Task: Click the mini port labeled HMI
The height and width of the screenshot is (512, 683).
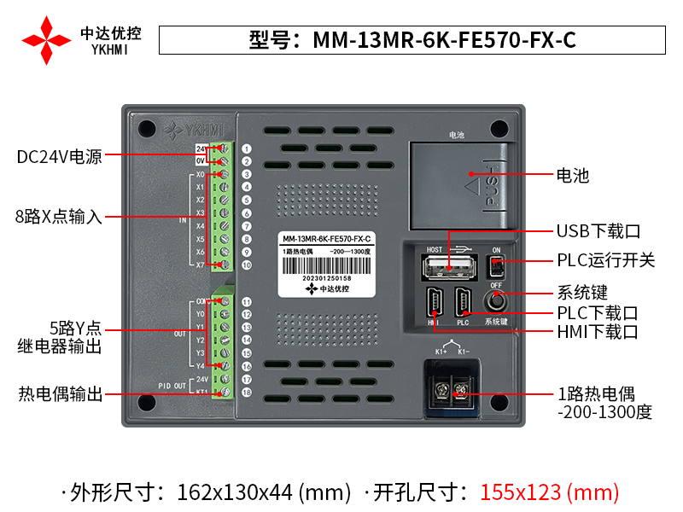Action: [434, 304]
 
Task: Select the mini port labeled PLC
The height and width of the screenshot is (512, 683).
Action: [464, 304]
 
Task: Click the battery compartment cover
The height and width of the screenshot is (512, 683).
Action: [459, 185]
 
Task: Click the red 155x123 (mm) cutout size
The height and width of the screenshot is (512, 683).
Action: [549, 492]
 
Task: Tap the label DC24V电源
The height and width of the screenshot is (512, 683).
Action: [60, 157]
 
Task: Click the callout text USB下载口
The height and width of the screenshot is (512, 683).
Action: [598, 231]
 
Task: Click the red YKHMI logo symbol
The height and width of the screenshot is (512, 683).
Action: [46, 39]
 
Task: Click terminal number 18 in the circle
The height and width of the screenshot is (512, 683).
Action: [246, 393]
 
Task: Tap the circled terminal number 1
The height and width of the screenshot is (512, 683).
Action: [246, 148]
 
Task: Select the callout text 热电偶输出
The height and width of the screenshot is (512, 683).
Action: [61, 394]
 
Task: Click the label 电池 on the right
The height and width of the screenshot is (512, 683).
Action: [573, 177]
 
